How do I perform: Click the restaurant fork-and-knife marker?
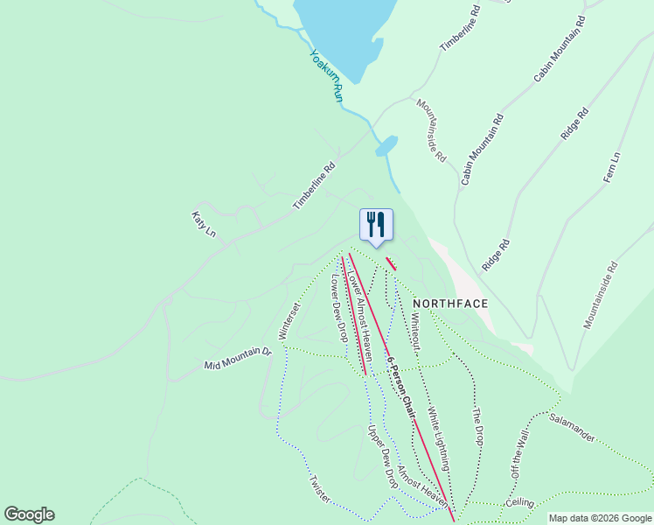click(x=376, y=225)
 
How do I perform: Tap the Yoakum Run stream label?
click(x=326, y=76)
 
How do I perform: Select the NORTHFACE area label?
click(x=450, y=303)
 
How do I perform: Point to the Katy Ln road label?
click(x=204, y=224)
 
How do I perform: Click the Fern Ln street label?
click(x=611, y=167)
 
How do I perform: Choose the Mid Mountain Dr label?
click(x=238, y=358)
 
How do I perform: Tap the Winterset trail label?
click(x=289, y=321)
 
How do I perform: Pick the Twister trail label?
click(x=317, y=489)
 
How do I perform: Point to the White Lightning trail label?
click(x=439, y=439)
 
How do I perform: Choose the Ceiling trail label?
click(x=519, y=503)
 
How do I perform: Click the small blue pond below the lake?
click(x=386, y=145)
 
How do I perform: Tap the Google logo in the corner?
click(x=29, y=514)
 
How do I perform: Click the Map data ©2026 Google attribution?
click(x=600, y=518)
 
